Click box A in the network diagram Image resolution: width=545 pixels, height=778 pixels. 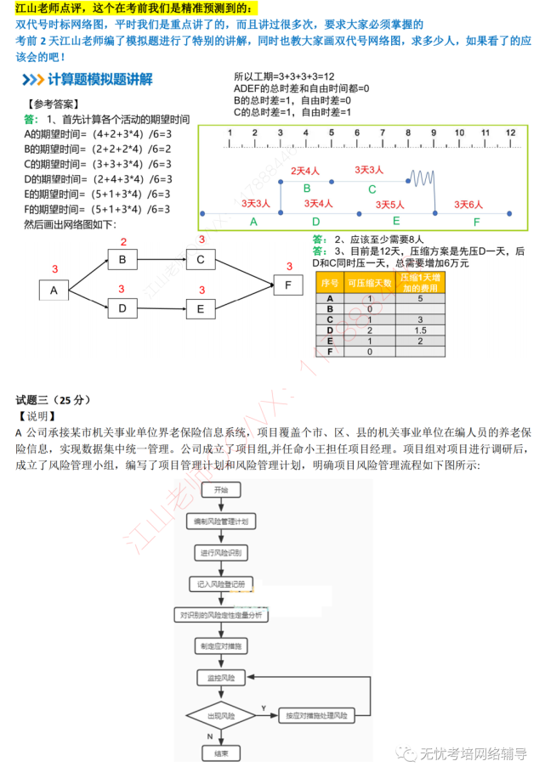click(x=54, y=290)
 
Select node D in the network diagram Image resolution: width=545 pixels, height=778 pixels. click(x=122, y=308)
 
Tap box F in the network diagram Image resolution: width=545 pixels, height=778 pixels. click(x=287, y=285)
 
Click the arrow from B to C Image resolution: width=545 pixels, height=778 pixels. click(x=161, y=260)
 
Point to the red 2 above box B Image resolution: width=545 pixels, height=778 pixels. click(x=123, y=242)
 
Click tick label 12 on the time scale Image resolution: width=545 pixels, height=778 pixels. click(x=510, y=132)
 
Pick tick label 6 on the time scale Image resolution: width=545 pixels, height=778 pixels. click(x=357, y=132)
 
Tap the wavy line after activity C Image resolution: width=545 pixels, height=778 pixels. click(x=423, y=180)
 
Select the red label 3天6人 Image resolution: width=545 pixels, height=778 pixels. click(x=468, y=204)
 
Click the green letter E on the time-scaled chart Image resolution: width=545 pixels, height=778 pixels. click(x=396, y=221)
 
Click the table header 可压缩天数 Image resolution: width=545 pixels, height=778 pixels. click(x=370, y=283)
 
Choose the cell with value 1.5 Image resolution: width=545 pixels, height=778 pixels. click(x=420, y=330)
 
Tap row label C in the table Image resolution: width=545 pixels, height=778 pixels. click(x=330, y=319)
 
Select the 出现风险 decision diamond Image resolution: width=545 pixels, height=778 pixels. click(x=221, y=716)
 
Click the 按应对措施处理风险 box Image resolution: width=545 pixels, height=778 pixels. click(x=316, y=716)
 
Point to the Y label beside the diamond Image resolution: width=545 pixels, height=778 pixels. click(x=264, y=708)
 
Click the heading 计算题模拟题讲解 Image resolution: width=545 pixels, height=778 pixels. click(x=100, y=80)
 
